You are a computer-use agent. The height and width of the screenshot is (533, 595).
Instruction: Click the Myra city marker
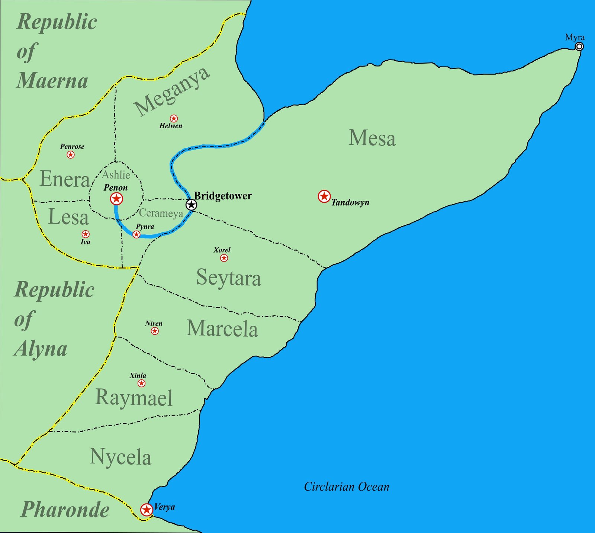579,46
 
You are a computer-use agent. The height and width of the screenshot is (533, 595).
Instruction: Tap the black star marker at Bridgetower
191,205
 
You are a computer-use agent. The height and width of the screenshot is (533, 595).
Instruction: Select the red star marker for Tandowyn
324,196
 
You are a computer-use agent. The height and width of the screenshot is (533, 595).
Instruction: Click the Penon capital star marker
117,199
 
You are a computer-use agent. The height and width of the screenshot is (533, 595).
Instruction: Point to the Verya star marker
147,509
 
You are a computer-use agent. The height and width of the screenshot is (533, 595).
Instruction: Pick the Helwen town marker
174,119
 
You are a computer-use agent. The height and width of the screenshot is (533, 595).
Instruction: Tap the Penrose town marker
71,154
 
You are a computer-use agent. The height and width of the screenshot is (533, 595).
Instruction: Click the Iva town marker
86,234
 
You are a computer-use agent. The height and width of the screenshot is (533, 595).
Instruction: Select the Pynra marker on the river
136,234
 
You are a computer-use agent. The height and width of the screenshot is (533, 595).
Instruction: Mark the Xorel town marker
224,258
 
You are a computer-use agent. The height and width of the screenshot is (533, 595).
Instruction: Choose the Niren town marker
155,331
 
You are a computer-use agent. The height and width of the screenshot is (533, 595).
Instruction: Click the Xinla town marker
141,383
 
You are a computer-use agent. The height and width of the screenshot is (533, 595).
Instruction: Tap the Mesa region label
372,138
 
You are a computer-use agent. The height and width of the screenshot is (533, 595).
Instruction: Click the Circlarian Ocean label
347,487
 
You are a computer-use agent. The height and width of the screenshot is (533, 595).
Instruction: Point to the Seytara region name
228,277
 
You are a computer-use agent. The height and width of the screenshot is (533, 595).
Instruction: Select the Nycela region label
120,457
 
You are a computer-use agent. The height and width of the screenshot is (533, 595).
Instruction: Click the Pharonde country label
65,509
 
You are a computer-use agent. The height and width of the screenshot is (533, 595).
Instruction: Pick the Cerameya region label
161,213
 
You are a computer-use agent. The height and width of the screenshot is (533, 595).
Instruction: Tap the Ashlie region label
116,175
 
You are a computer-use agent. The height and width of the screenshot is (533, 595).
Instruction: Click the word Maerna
52,80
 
